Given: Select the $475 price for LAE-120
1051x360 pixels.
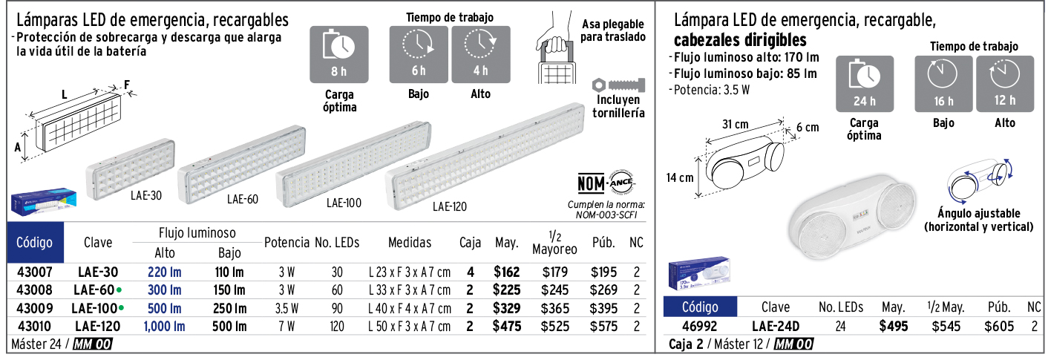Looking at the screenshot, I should (x=507, y=326).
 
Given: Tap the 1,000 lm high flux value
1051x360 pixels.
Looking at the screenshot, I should (x=164, y=326).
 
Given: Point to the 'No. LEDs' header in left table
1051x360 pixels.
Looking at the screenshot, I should (x=337, y=242).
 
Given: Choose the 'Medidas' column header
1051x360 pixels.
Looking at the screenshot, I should (x=410, y=242).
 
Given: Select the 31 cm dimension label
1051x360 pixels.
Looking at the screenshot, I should (x=736, y=124).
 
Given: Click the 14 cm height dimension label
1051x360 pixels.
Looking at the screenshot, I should (x=680, y=177).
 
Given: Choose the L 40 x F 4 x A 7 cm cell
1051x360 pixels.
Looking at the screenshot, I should (x=410, y=308).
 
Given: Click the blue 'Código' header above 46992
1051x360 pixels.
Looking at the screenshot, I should (x=700, y=307).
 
